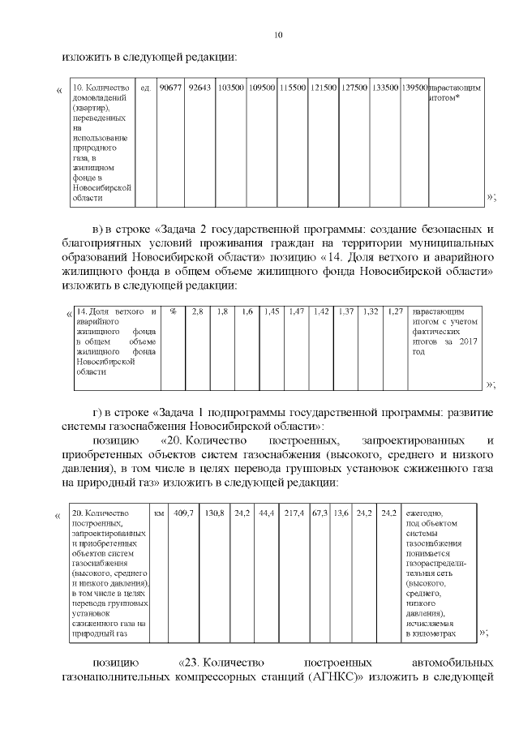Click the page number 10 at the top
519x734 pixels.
click(279, 35)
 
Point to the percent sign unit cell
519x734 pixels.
click(173, 311)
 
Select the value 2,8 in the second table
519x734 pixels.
click(197, 311)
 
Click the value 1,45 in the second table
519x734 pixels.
click(272, 311)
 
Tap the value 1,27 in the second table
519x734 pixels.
click(395, 311)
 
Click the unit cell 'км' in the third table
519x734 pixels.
click(159, 513)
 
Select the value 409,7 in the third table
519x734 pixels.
click(184, 513)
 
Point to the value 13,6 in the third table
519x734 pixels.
click(341, 513)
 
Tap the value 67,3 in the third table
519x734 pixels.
click(320, 513)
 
